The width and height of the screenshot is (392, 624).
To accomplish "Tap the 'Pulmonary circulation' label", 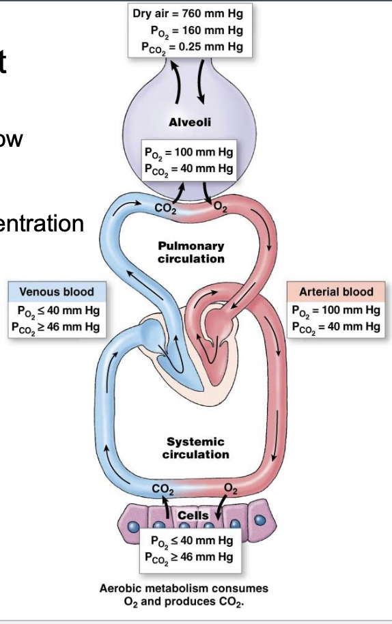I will (x=191, y=252).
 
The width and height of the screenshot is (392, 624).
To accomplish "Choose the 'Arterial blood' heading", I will (x=337, y=292).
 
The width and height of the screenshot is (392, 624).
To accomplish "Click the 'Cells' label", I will (x=193, y=515).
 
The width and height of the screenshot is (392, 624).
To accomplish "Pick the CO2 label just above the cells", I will (x=162, y=488).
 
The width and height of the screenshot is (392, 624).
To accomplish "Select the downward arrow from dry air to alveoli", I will (x=203, y=78).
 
